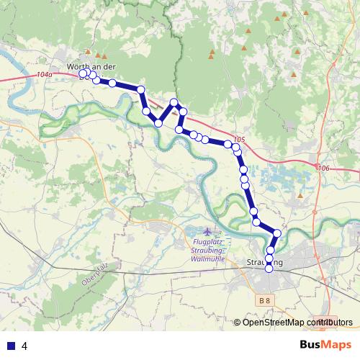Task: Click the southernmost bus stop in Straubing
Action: (x=269, y=269)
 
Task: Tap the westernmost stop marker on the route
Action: (x=83, y=73)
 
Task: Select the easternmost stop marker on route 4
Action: (x=276, y=233)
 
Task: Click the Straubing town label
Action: (x=264, y=263)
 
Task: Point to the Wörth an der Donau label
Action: (x=91, y=67)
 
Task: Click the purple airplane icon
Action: (x=209, y=232)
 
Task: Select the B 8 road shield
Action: (x=266, y=300)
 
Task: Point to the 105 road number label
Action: (x=240, y=140)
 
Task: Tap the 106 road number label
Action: (x=323, y=167)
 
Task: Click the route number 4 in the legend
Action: (x=24, y=346)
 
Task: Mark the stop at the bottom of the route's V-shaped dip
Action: (x=158, y=123)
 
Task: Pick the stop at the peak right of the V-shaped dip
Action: (x=174, y=103)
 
